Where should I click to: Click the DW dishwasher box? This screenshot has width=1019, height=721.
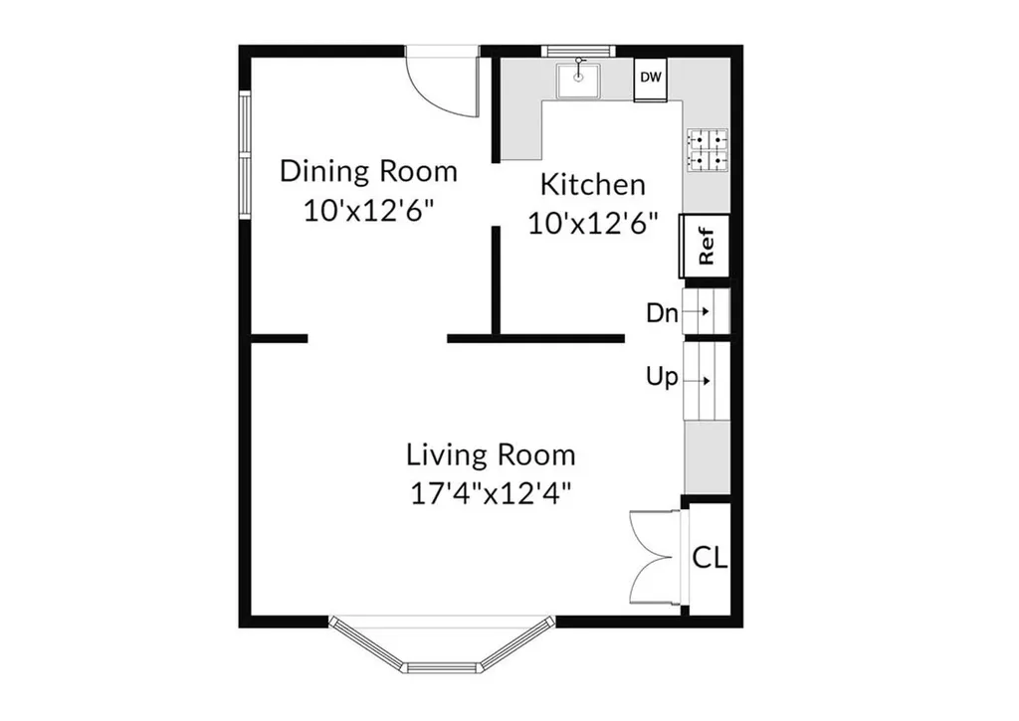point(651,80)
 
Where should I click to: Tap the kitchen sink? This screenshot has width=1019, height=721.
point(578,81)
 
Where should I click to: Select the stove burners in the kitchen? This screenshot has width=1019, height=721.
point(708,150)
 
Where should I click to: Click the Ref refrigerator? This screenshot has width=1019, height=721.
point(706,247)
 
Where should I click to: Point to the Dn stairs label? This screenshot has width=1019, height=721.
point(662,313)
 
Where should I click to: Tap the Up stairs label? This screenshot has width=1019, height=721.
point(662,377)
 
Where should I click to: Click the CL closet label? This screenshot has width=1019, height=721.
point(710,557)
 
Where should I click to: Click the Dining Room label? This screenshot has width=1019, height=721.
point(369,171)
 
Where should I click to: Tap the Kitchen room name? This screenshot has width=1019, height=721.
point(593,184)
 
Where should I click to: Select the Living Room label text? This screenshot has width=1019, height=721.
point(491,454)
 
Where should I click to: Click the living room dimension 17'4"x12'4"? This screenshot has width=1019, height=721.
point(491,493)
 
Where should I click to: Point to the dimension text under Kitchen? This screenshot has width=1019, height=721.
point(593,224)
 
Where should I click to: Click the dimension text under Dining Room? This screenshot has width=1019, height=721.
point(368,210)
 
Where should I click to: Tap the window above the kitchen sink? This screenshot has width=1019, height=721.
point(578,51)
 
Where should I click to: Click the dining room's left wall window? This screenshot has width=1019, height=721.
point(245,154)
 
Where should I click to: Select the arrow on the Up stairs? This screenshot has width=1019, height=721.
point(697,381)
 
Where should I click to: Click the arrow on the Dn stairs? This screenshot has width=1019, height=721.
point(697,312)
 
